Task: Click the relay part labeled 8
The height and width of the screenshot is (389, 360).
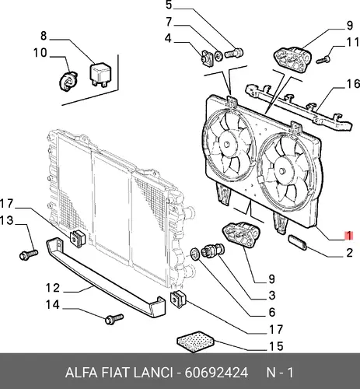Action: pyautogui.click(x=100, y=75)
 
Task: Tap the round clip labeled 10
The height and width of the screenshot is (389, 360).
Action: pyautogui.click(x=68, y=81)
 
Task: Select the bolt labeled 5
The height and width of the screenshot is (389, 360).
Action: pyautogui.click(x=233, y=53)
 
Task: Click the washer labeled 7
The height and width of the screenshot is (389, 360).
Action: pyautogui.click(x=218, y=56)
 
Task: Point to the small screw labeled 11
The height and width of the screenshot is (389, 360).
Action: pyautogui.click(x=323, y=60)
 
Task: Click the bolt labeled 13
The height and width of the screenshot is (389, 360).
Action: pyautogui.click(x=29, y=254)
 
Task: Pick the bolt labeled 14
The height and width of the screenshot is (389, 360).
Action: pyautogui.click(x=114, y=319)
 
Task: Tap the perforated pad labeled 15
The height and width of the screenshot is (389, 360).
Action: pyautogui.click(x=196, y=341)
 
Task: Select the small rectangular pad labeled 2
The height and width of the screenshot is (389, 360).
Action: pyautogui.click(x=297, y=242)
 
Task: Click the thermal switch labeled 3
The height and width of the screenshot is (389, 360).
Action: pyautogui.click(x=214, y=251)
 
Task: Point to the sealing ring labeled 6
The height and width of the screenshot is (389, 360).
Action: pyautogui.click(x=195, y=254)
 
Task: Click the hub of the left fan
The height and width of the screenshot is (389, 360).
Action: pyautogui.click(x=227, y=144)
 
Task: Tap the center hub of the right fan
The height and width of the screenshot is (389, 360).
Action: pyautogui.click(x=282, y=170)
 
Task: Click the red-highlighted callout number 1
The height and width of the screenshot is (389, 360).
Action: pyautogui.click(x=349, y=236)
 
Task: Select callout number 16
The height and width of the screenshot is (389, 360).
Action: pyautogui.click(x=353, y=84)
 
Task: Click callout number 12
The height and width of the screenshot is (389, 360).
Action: pyautogui.click(x=53, y=288)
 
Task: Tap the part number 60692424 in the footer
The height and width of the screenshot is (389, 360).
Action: pyautogui.click(x=216, y=373)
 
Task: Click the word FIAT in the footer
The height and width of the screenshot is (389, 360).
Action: pyautogui.click(x=116, y=373)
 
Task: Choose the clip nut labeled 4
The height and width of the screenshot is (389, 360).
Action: pyautogui.click(x=207, y=58)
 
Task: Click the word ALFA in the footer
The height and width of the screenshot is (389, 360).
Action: pyautogui.click(x=81, y=373)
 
